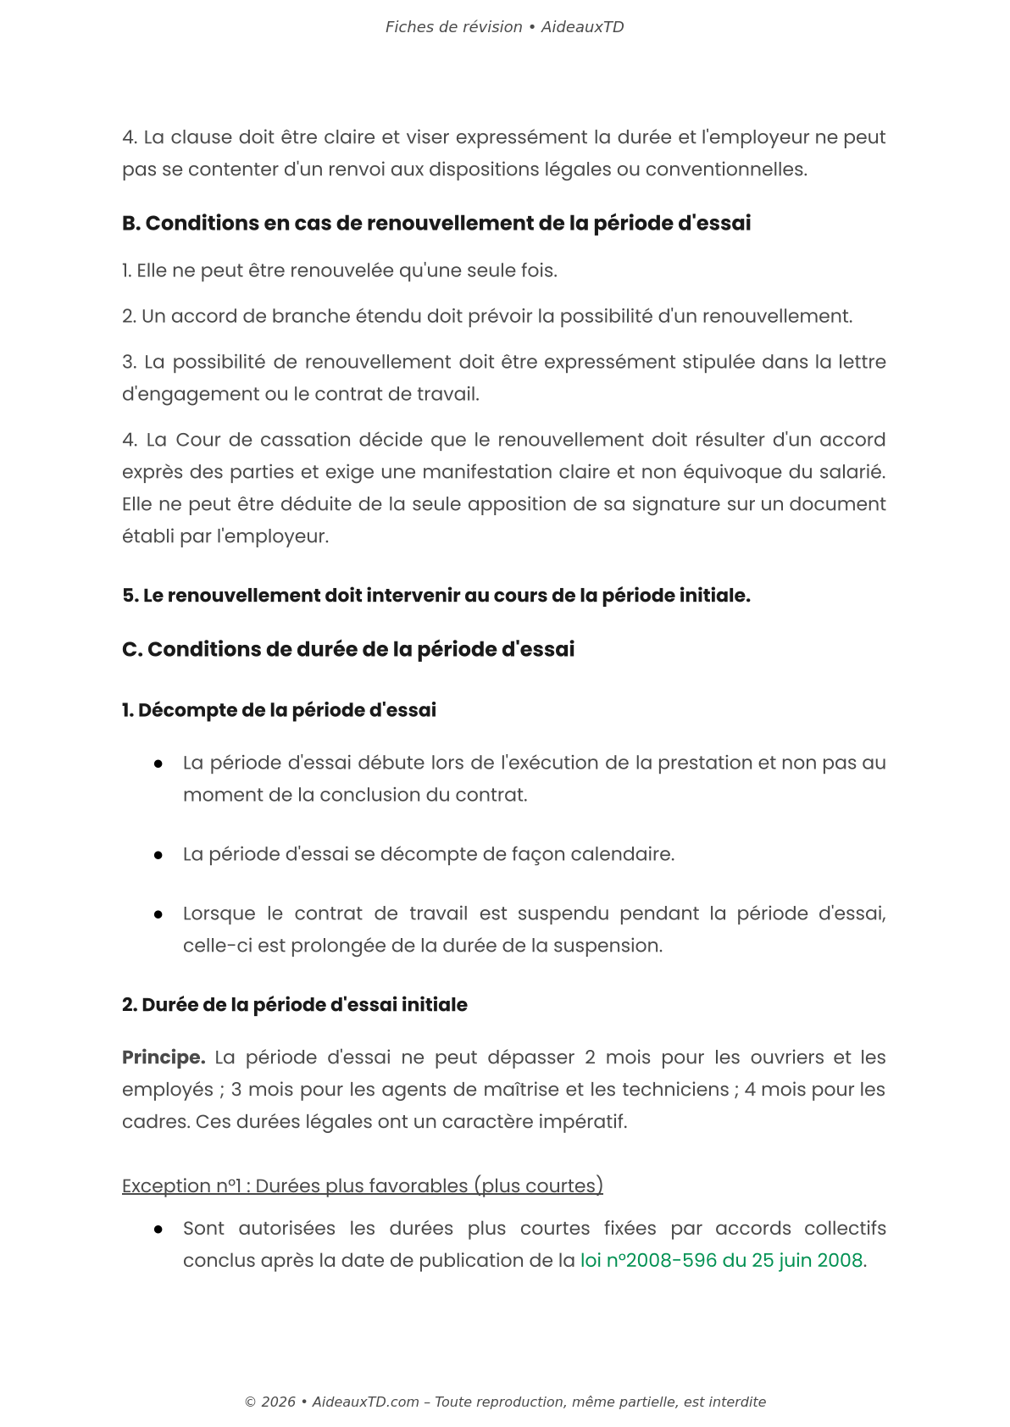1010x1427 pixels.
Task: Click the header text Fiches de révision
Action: click(453, 27)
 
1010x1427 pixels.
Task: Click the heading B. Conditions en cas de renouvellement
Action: click(436, 224)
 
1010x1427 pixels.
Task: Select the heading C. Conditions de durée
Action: click(348, 650)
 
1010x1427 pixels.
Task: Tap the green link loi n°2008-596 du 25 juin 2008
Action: click(721, 1261)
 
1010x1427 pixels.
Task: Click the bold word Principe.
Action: click(164, 1058)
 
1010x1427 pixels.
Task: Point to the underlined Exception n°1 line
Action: click(362, 1186)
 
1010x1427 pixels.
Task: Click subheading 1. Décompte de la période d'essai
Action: click(279, 711)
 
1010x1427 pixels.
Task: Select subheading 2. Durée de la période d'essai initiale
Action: click(294, 1005)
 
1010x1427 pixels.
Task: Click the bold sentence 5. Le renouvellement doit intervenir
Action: click(436, 597)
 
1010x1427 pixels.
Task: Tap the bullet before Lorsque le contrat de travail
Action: click(158, 915)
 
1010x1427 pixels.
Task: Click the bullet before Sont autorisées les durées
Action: click(158, 1230)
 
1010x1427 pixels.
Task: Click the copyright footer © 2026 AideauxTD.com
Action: click(505, 1402)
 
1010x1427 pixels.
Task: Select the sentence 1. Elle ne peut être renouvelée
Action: click(339, 271)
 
